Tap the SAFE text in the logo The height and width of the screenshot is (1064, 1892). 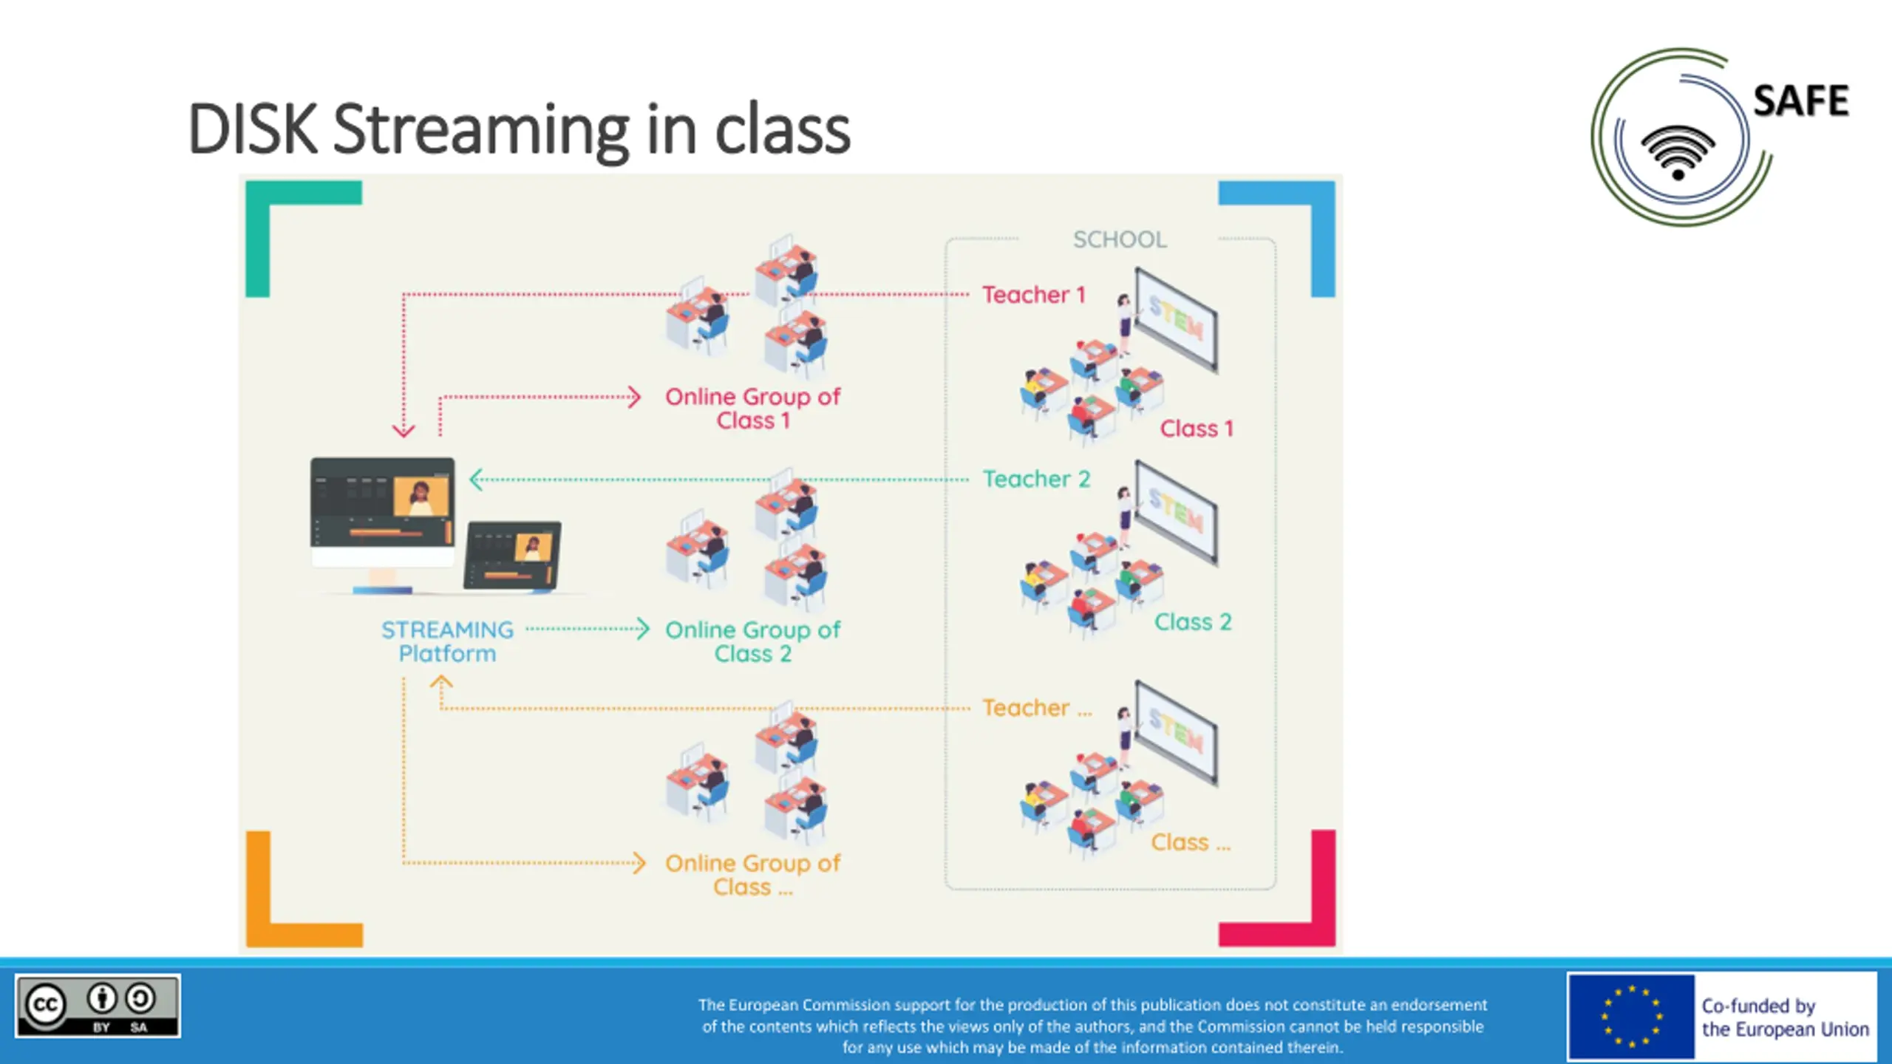tap(1800, 101)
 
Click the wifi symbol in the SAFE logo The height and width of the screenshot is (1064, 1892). tap(1678, 152)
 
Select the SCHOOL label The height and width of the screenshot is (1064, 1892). tap(1120, 239)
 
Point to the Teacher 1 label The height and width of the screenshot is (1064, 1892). tap(1034, 295)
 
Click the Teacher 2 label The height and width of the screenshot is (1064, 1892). tap(1036, 479)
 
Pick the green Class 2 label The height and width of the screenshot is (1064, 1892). tap(1193, 622)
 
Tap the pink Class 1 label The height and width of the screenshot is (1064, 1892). tap(1197, 429)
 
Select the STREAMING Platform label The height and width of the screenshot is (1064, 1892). tap(447, 641)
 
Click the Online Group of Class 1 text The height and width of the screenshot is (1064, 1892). tap(752, 409)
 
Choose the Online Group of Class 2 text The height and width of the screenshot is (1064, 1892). tap(752, 641)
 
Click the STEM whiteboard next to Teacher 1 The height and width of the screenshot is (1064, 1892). tap(1176, 319)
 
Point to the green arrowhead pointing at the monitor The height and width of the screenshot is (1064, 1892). tap(476, 480)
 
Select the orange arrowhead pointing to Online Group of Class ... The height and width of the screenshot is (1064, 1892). tap(639, 862)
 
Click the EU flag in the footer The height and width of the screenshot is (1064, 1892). tap(1631, 1017)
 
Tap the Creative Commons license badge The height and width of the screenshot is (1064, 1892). tap(98, 1006)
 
